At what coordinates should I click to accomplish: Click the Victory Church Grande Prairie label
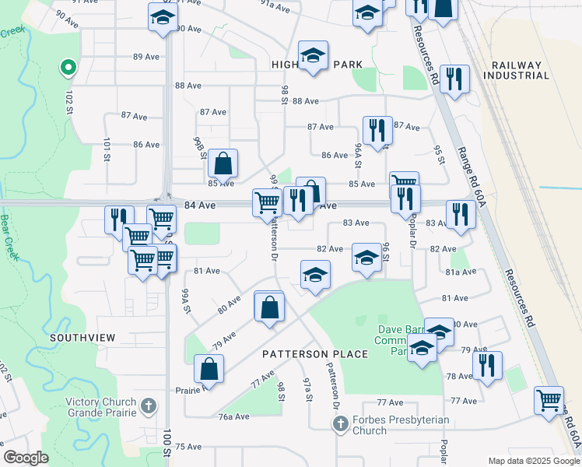click(101, 408)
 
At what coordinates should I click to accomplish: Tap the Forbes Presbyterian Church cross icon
click(339, 424)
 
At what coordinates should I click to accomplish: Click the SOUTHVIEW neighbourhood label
click(82, 338)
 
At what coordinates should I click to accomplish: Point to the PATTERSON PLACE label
click(314, 354)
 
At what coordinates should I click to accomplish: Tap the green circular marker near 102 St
click(68, 68)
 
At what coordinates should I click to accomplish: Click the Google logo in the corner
click(26, 458)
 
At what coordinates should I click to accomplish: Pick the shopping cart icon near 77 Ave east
click(549, 400)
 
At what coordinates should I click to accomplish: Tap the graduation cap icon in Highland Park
click(313, 55)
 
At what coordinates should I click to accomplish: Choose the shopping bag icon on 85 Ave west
click(223, 163)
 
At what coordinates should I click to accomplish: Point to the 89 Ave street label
click(145, 57)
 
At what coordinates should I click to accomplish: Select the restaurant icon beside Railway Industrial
click(454, 79)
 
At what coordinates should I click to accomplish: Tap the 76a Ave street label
click(233, 416)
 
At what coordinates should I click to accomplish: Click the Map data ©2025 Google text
click(534, 461)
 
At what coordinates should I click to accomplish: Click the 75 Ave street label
click(188, 446)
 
